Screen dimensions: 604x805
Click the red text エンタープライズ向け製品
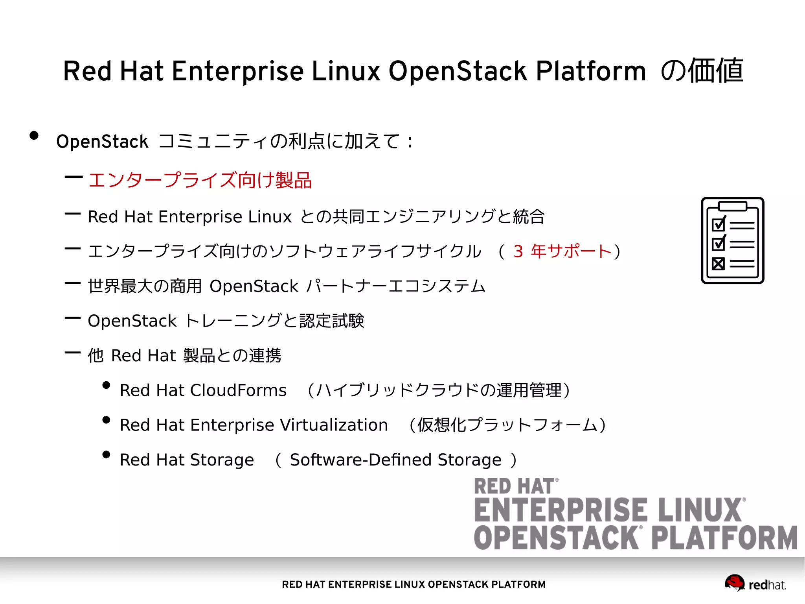[200, 181]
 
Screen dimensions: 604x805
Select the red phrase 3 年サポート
[562, 251]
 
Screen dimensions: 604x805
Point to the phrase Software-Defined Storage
[395, 460]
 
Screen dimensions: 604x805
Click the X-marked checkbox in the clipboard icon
[718, 264]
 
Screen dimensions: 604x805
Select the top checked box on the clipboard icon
[719, 225]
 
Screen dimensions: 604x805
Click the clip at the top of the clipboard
[732, 206]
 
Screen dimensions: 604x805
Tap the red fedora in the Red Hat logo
[734, 582]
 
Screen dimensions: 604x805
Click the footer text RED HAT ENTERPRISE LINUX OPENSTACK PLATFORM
[414, 584]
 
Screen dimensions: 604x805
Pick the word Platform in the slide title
[591, 71]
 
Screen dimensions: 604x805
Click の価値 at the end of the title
[702, 71]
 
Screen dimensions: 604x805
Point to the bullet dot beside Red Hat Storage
[106, 454]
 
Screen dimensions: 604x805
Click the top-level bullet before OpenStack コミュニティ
[34, 136]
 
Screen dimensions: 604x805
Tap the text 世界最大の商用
[144, 286]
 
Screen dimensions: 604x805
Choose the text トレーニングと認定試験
[274, 321]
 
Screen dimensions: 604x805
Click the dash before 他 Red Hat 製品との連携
[73, 353]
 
